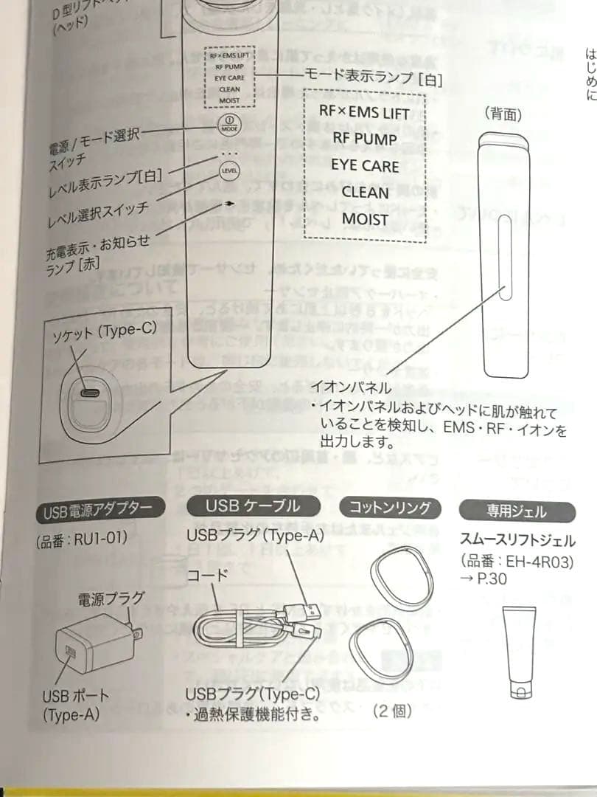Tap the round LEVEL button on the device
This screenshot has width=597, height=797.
click(229, 170)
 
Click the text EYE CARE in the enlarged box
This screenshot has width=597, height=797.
click(365, 165)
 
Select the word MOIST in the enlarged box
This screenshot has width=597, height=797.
click(365, 218)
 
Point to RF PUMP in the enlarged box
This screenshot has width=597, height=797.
click(365, 139)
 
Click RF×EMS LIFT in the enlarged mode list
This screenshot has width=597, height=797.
click(365, 113)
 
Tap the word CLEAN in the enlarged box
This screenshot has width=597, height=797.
click(365, 192)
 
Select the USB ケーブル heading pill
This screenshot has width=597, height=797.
click(254, 506)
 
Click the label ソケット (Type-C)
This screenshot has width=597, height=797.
click(105, 331)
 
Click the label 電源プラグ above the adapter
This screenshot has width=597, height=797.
click(111, 599)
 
